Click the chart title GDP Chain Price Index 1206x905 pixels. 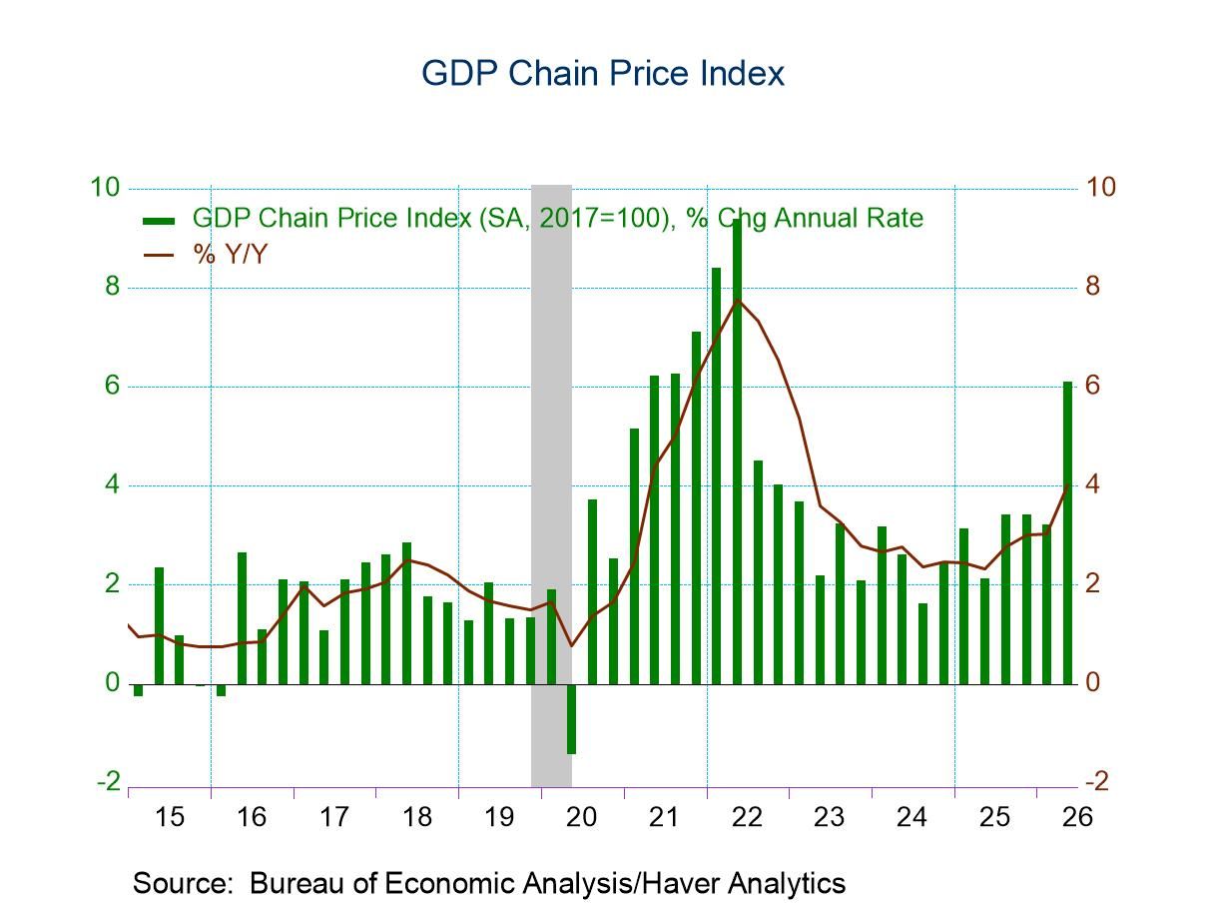pyautogui.click(x=603, y=74)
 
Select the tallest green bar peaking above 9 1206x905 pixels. pyautogui.click(x=737, y=452)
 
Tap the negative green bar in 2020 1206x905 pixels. pyautogui.click(x=571, y=719)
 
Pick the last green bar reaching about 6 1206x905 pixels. pyautogui.click(x=1067, y=532)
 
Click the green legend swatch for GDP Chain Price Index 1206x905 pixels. pyautogui.click(x=159, y=221)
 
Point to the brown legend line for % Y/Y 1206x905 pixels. pyautogui.click(x=159, y=255)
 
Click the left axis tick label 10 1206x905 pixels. pyautogui.click(x=105, y=188)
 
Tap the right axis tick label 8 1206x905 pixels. pyautogui.click(x=1093, y=287)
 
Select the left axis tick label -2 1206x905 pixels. pyautogui.click(x=109, y=781)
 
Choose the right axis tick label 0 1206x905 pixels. pyautogui.click(x=1093, y=682)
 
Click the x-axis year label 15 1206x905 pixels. pyautogui.click(x=170, y=817)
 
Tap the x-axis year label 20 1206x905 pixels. pyautogui.click(x=581, y=817)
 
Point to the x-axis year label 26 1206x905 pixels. pyautogui.click(x=1077, y=817)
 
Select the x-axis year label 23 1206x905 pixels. pyautogui.click(x=829, y=817)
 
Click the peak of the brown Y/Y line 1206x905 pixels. pyautogui.click(x=738, y=300)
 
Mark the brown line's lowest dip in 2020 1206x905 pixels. pyautogui.click(x=571, y=645)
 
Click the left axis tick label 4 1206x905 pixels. pyautogui.click(x=112, y=484)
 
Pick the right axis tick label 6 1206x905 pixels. pyautogui.click(x=1093, y=386)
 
